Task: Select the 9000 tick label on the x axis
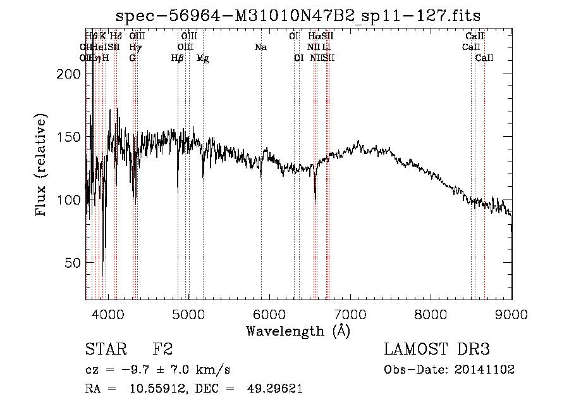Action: coord(511,312)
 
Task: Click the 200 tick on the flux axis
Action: coord(67,74)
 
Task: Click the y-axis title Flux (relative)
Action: coord(42,166)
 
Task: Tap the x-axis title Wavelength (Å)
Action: coord(298,331)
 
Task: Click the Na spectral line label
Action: coord(260,47)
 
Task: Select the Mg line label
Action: coord(203,58)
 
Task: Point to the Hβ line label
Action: coord(178,58)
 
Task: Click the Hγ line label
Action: coord(135,47)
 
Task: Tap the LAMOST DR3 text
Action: coord(437,349)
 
